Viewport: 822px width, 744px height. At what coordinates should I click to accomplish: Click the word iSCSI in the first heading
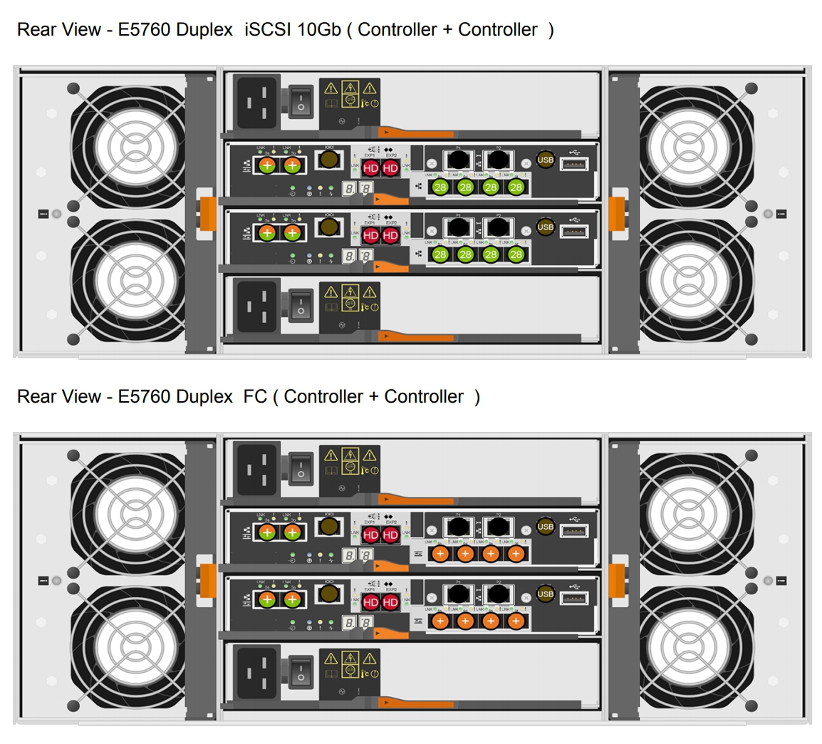(268, 30)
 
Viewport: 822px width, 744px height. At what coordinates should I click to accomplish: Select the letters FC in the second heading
(255, 397)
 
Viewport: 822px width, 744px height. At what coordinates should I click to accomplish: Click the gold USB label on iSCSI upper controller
(546, 160)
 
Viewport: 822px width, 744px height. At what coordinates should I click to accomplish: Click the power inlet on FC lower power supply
(257, 673)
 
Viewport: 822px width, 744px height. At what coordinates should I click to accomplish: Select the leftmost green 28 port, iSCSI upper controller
(440, 187)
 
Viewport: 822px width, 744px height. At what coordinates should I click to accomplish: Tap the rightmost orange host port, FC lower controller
(516, 621)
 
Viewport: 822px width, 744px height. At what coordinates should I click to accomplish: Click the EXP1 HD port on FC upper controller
(370, 535)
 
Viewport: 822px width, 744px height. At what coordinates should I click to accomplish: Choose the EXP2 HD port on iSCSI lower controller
(390, 234)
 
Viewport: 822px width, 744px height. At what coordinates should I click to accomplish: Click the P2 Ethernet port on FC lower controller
(498, 594)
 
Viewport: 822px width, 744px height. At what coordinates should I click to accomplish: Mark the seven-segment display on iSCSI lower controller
(357, 256)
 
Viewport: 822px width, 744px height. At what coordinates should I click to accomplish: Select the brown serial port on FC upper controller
(328, 527)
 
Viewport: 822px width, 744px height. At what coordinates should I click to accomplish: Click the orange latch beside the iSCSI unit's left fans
(207, 213)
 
